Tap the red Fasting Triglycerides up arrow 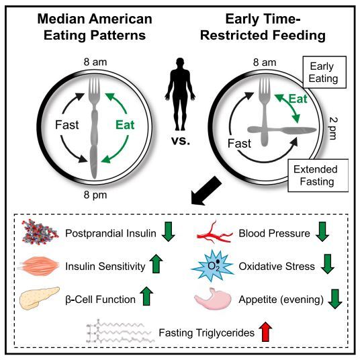[265, 332]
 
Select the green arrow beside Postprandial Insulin [169, 232]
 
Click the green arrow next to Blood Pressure [322, 232]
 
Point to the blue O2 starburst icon [213, 265]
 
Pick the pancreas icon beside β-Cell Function [40, 298]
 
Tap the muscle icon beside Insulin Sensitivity [39, 266]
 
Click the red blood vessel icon [214, 232]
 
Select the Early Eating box [324, 72]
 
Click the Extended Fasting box [318, 175]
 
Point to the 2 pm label [333, 128]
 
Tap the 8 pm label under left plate [95, 195]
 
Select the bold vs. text [181, 140]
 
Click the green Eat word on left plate [125, 125]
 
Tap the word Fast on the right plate [239, 144]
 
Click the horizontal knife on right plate [281, 130]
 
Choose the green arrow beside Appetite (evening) [335, 299]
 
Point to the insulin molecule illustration [40, 232]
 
